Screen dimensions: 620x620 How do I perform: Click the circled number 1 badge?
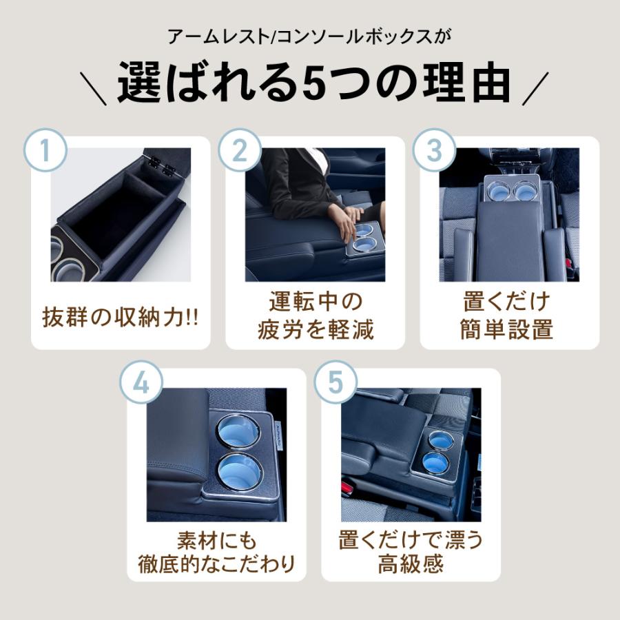click(x=45, y=150)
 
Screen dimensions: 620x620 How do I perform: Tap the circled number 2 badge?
click(x=240, y=150)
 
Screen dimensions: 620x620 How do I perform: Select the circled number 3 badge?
click(x=434, y=150)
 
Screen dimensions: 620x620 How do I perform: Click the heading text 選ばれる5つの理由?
click(x=313, y=85)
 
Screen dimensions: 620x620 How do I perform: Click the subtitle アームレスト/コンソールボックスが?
click(x=310, y=34)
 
